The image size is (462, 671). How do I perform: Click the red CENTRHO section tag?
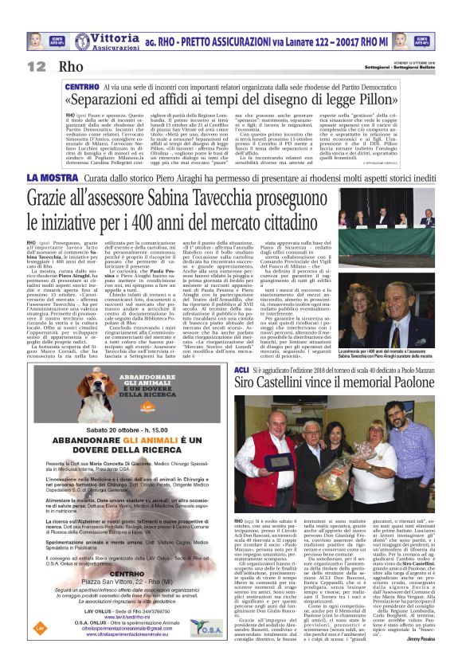82,86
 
